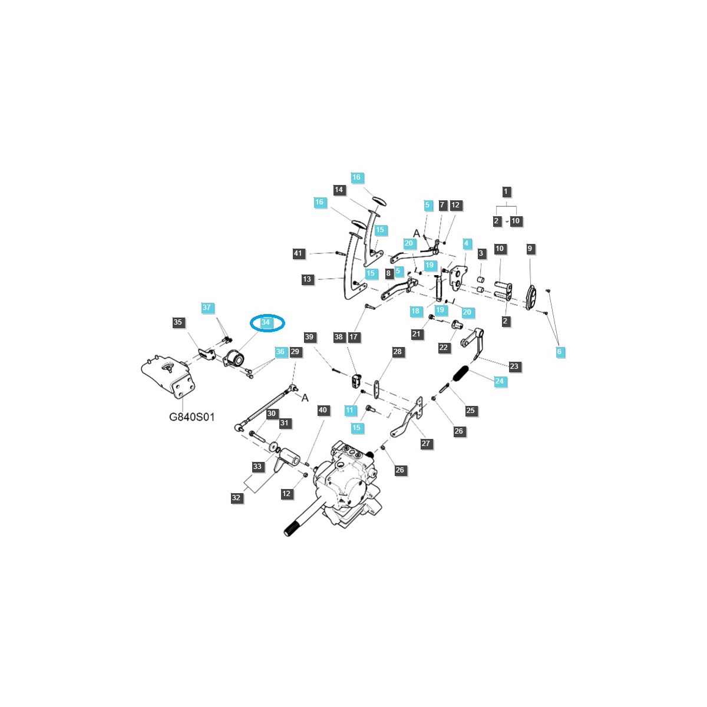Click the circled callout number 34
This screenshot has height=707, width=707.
[x=266, y=322]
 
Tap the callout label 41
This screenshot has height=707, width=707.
[x=299, y=254]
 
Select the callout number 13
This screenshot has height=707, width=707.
[x=307, y=279]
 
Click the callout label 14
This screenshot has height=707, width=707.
[x=339, y=190]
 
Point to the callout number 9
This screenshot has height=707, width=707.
[x=530, y=249]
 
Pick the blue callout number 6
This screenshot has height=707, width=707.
[x=560, y=352]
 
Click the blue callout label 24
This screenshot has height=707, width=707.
[x=500, y=381]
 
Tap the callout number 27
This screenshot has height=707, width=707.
[x=427, y=444]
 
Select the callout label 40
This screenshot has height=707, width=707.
[x=322, y=410]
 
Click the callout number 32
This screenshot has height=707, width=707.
[x=236, y=497]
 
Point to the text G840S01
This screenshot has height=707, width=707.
[x=192, y=417]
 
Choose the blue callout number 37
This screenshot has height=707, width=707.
[x=206, y=308]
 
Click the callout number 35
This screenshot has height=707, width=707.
[x=178, y=322]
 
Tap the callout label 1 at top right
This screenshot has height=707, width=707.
[x=506, y=191]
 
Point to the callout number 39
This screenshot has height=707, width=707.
[x=309, y=337]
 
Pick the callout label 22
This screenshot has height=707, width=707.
[x=444, y=348]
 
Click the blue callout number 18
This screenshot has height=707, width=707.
[x=415, y=311]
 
